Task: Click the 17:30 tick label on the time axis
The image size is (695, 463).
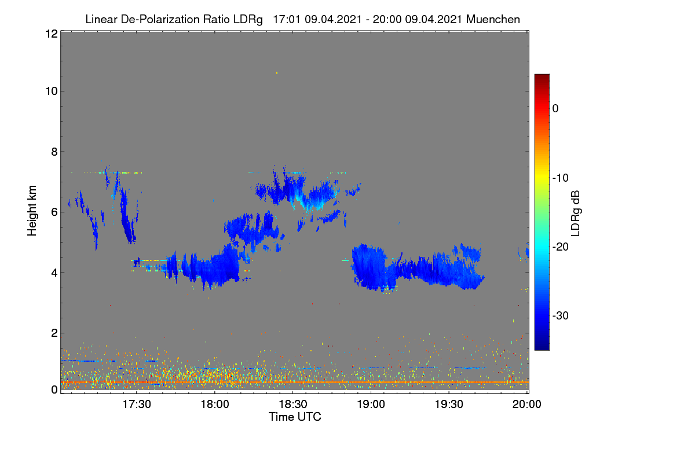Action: coord(137,405)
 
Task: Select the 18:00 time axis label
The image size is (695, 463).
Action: coord(215,405)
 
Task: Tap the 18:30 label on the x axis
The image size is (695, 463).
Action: coord(293,405)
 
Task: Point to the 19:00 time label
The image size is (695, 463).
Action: coord(371,405)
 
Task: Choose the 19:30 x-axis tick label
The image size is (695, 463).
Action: coord(449,405)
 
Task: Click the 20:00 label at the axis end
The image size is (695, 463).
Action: coord(527,405)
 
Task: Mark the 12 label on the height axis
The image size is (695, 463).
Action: coord(52,34)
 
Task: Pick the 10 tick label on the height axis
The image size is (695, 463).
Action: coord(52,91)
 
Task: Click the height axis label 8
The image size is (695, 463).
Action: coord(54,152)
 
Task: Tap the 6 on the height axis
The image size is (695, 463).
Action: coord(54,212)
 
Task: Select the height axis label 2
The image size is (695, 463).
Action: coord(54,333)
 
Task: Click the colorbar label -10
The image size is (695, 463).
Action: coord(561,178)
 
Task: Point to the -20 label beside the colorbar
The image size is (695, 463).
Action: coord(561,247)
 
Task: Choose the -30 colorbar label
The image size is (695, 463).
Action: coord(561,315)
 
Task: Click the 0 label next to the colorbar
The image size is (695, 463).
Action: coord(555,109)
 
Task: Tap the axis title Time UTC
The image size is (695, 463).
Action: coord(295,417)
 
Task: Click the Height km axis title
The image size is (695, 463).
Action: coord(32,211)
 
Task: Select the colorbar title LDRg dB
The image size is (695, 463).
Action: coord(576,214)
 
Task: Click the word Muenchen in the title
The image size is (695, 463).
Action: coord(493,20)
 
